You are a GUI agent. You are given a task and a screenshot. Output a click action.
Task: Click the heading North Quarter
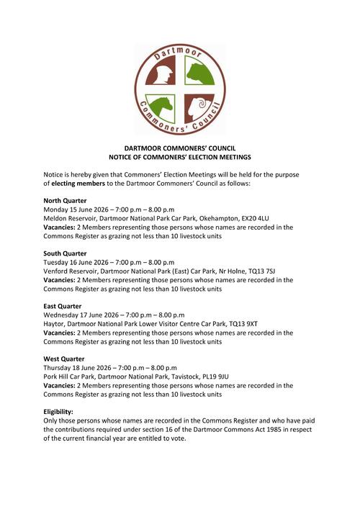coord(65,200)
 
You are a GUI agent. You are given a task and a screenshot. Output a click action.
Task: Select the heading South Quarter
coord(65,253)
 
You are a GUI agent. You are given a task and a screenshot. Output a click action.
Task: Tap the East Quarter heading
coord(63,306)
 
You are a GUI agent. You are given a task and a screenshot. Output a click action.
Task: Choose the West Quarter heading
coord(64,359)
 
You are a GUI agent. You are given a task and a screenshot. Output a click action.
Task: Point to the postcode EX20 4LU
coord(252,218)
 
